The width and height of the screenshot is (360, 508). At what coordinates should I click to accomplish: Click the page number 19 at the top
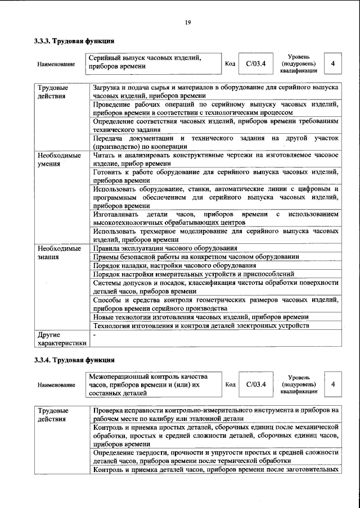[188, 22]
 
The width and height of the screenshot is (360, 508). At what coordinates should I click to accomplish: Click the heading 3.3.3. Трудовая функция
[74, 41]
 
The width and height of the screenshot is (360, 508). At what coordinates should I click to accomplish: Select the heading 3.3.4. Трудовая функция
[74, 359]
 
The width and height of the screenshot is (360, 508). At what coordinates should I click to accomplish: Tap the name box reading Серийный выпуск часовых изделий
[152, 62]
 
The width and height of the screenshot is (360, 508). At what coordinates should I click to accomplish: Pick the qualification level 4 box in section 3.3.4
[333, 384]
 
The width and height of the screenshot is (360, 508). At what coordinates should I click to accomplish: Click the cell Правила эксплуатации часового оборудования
[165, 248]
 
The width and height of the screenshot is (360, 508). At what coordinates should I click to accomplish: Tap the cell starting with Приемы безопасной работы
[196, 256]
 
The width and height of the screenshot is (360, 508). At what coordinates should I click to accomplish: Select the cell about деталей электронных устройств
[201, 326]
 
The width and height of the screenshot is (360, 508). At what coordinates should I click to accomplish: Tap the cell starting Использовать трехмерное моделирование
[215, 235]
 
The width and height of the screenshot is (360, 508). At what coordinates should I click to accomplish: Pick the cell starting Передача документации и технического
[215, 142]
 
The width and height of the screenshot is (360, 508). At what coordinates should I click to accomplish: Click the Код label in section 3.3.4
[229, 384]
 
